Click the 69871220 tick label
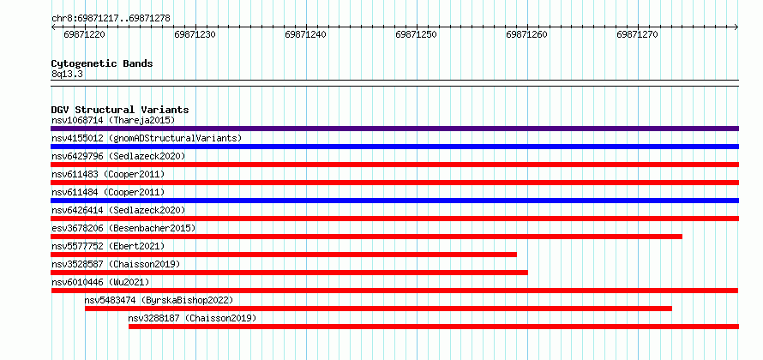tap(85, 34)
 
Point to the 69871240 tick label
tap(305, 34)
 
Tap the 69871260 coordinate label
tap(526, 34)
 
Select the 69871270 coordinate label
tap(637, 34)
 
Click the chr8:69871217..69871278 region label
tap(111, 18)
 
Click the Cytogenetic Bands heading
tap(102, 63)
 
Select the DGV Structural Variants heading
tap(120, 110)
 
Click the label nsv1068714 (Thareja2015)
tap(113, 120)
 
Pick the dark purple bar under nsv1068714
tap(394, 129)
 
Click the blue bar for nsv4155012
tap(394, 147)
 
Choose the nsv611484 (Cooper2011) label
tap(108, 192)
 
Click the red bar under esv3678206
tap(366, 237)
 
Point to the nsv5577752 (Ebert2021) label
tap(108, 246)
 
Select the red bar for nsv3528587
tap(289, 273)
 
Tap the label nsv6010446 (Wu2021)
tap(100, 282)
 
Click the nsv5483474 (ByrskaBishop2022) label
tap(159, 300)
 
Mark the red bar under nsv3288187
tap(434, 327)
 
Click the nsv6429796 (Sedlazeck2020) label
tap(118, 156)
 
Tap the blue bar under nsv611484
tap(394, 201)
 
